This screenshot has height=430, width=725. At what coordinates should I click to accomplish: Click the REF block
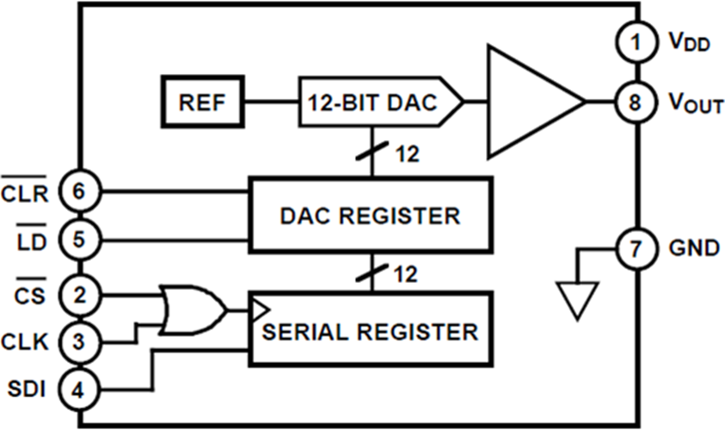pos(202,101)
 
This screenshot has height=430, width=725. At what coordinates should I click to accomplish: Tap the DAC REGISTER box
pos(371,214)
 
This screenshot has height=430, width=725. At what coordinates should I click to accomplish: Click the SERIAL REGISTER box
pos(371,329)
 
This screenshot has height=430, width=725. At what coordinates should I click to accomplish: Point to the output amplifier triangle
pos(525,101)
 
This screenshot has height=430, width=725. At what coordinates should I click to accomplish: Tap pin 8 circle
pos(635,102)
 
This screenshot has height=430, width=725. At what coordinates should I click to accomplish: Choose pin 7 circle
pos(635,249)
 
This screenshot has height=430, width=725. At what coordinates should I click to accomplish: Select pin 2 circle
pos(79,296)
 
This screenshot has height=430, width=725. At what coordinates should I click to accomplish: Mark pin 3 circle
pos(79,341)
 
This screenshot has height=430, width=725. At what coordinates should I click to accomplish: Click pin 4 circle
pos(79,390)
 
